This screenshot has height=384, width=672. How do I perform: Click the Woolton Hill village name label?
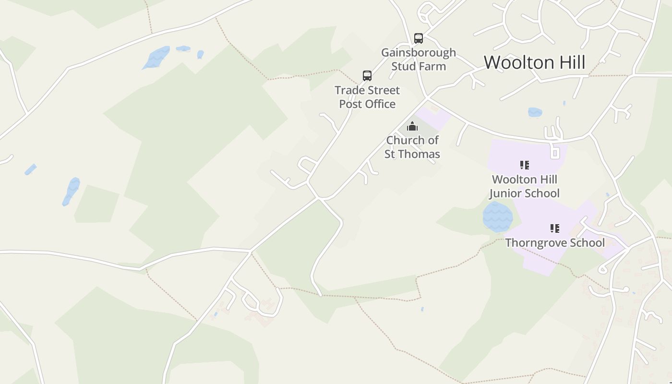534,63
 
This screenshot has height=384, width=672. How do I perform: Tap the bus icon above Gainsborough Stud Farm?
419,38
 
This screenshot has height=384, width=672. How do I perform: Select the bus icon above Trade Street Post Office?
367,76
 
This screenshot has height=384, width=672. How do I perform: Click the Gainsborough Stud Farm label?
419,59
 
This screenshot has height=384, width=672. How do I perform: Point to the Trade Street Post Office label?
367,97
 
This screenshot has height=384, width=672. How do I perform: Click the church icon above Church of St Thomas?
412,127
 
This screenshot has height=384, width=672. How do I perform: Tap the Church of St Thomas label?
412,147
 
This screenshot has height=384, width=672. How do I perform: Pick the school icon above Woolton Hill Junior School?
525,166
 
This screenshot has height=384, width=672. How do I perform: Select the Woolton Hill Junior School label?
524,186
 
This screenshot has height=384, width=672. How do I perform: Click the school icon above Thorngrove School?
555,228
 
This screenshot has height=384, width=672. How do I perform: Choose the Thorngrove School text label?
555,242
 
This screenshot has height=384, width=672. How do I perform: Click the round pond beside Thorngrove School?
498,217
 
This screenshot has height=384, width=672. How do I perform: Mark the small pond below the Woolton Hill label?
535,112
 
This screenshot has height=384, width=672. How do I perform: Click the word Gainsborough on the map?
419,52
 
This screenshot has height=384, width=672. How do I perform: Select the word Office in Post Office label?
380,104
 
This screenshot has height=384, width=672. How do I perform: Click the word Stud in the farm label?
402,66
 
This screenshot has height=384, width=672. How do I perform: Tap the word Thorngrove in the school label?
537,243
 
